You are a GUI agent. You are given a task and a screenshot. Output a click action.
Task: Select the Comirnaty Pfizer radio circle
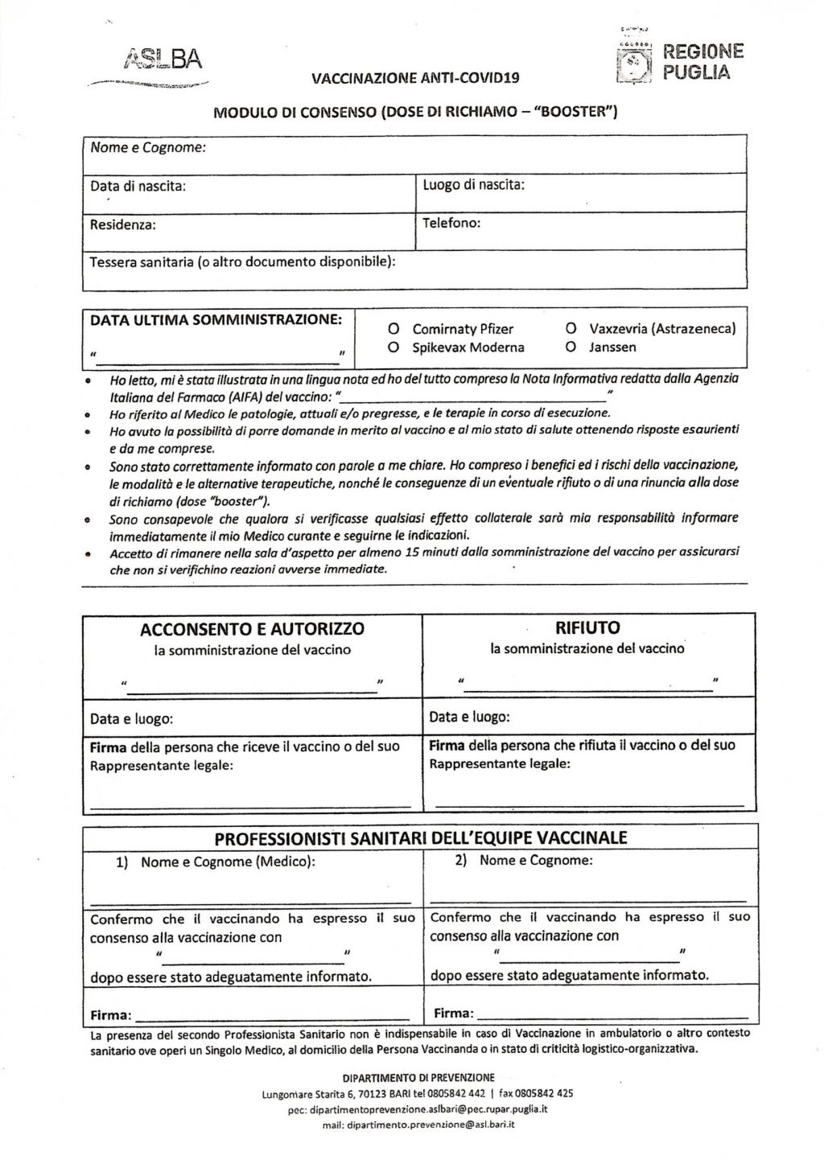point(394,329)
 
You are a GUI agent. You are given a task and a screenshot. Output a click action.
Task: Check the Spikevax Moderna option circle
point(394,348)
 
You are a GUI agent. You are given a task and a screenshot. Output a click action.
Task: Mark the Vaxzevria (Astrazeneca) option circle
point(571,329)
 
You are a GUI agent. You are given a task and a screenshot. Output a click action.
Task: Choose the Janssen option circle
point(571,348)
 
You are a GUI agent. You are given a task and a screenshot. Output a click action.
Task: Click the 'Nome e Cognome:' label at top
point(148,148)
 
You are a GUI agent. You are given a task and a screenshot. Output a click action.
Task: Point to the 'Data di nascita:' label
point(138,186)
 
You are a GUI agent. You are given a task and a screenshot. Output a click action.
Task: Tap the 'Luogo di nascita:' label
point(474,185)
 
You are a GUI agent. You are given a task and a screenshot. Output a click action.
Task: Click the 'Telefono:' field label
point(451,223)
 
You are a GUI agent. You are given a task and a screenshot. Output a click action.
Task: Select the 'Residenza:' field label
point(123,224)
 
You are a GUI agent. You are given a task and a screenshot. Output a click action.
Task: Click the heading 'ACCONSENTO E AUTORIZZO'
point(253,629)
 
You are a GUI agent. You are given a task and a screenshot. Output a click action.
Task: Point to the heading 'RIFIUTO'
point(588,627)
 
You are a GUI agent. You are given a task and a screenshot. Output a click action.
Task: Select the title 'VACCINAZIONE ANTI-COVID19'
point(415,78)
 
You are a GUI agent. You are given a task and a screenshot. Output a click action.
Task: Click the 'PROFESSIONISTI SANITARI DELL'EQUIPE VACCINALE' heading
point(420,838)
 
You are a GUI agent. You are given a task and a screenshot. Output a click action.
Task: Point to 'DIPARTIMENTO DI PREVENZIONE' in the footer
point(418,1078)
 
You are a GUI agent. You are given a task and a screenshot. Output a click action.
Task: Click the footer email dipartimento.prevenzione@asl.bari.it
point(418,1125)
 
